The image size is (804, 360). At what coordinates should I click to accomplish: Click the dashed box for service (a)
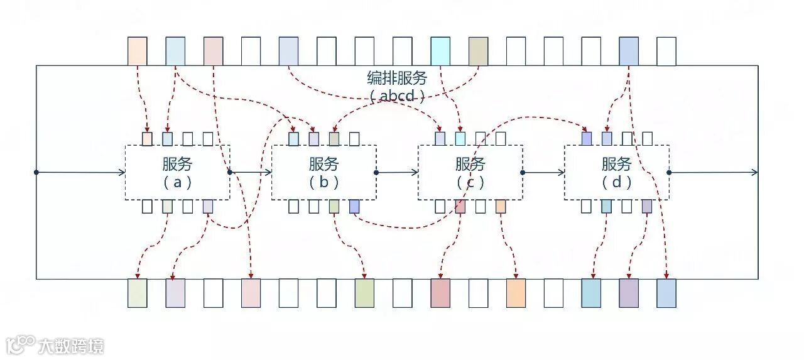click(177, 173)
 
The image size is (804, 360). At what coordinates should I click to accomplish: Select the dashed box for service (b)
click(324, 173)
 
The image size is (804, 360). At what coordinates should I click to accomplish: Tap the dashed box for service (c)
click(470, 173)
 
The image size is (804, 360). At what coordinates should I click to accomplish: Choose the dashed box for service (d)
click(617, 173)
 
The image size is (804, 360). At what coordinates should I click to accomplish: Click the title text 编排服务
click(397, 79)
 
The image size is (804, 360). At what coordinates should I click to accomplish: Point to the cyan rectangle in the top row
click(440, 51)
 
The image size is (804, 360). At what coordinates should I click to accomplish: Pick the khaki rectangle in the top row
click(478, 51)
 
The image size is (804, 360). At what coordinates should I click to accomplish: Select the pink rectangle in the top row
click(214, 51)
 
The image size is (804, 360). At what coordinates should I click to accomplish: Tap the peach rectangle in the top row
click(138, 51)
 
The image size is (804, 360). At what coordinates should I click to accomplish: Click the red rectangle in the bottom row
click(440, 293)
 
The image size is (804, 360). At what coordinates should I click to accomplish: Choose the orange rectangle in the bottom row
click(516, 293)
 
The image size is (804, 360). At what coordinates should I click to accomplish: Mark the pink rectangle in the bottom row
click(251, 293)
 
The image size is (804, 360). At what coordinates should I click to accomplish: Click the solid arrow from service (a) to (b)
click(251, 172)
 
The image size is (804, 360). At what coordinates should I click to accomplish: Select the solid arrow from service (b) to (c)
click(397, 172)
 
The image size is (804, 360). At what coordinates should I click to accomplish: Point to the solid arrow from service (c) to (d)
click(543, 172)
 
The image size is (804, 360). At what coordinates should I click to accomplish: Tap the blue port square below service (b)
click(354, 206)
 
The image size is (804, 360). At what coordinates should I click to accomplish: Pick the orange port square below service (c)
click(501, 206)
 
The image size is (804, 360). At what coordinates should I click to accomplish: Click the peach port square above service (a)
click(147, 139)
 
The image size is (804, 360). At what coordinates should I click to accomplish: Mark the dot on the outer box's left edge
click(36, 172)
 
